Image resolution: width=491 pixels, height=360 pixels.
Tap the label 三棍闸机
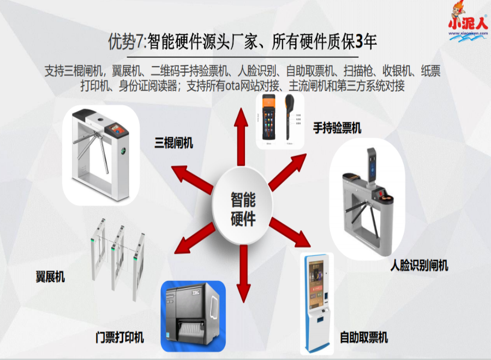click(x=173, y=143)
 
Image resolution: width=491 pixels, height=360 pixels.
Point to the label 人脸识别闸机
click(x=420, y=266)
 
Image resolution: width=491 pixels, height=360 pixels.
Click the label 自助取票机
click(x=364, y=337)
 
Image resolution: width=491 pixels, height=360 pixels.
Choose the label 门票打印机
click(x=119, y=338)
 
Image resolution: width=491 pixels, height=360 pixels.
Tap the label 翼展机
click(x=50, y=277)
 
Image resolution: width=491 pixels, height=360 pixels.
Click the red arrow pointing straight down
click(x=244, y=273)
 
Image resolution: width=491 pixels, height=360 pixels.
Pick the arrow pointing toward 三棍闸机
click(x=191, y=178)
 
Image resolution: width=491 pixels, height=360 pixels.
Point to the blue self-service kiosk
click(x=319, y=300)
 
